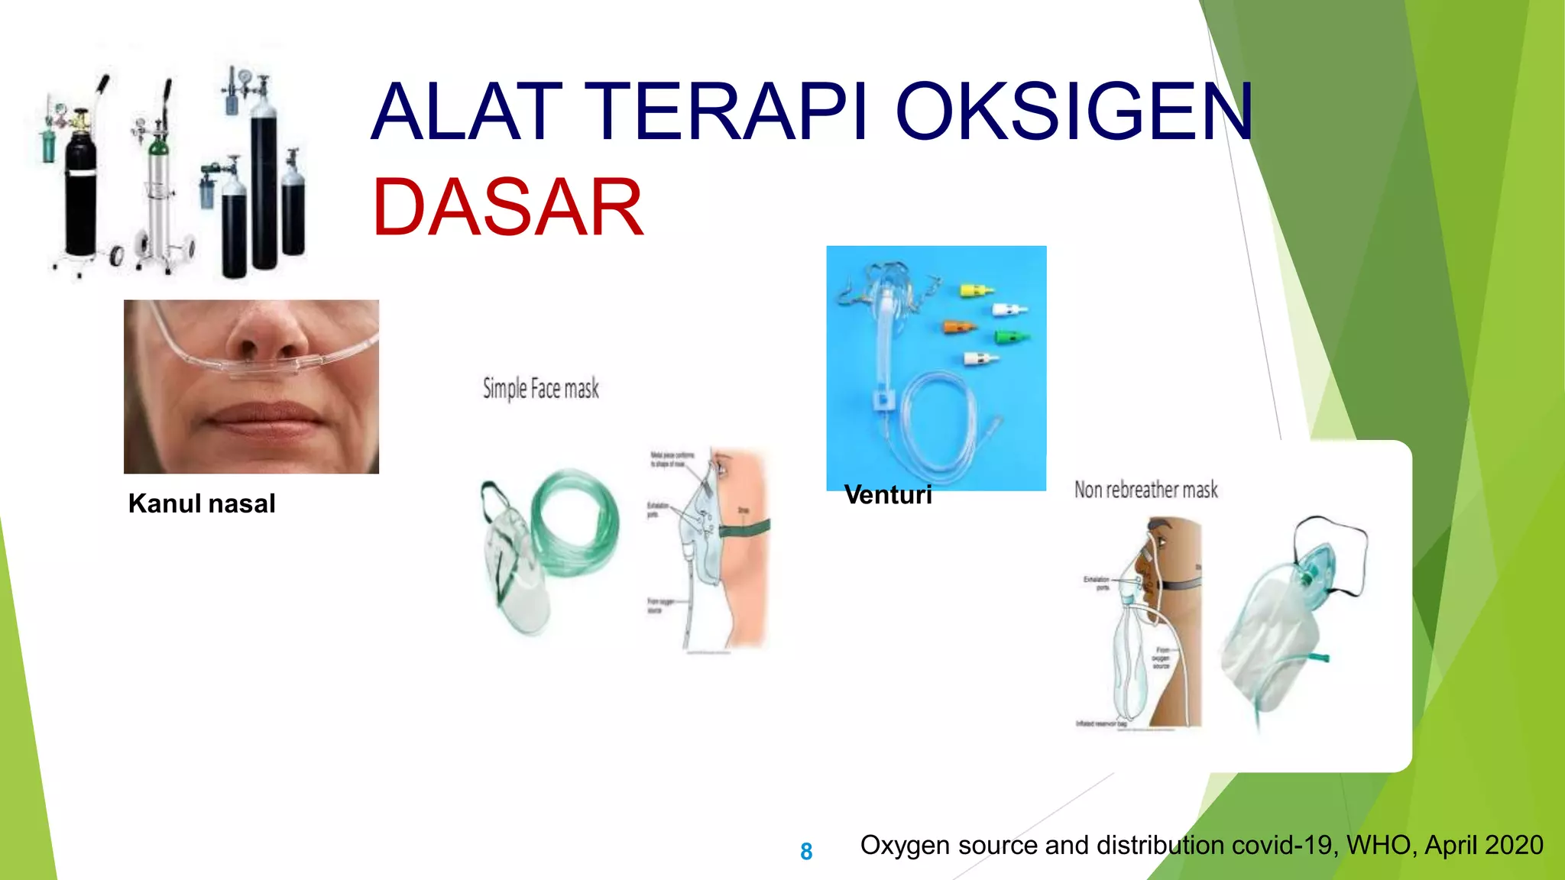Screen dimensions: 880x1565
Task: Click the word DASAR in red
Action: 507,208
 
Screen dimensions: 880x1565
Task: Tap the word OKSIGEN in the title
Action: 1074,113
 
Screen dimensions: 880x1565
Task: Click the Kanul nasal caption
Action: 202,503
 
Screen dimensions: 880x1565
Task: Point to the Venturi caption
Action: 888,495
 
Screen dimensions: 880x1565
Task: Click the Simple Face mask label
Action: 540,389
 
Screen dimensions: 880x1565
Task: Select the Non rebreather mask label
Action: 1145,490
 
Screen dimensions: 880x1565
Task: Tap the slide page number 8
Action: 806,851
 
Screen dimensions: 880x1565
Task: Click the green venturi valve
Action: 1011,336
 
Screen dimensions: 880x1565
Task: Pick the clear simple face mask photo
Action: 514,573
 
